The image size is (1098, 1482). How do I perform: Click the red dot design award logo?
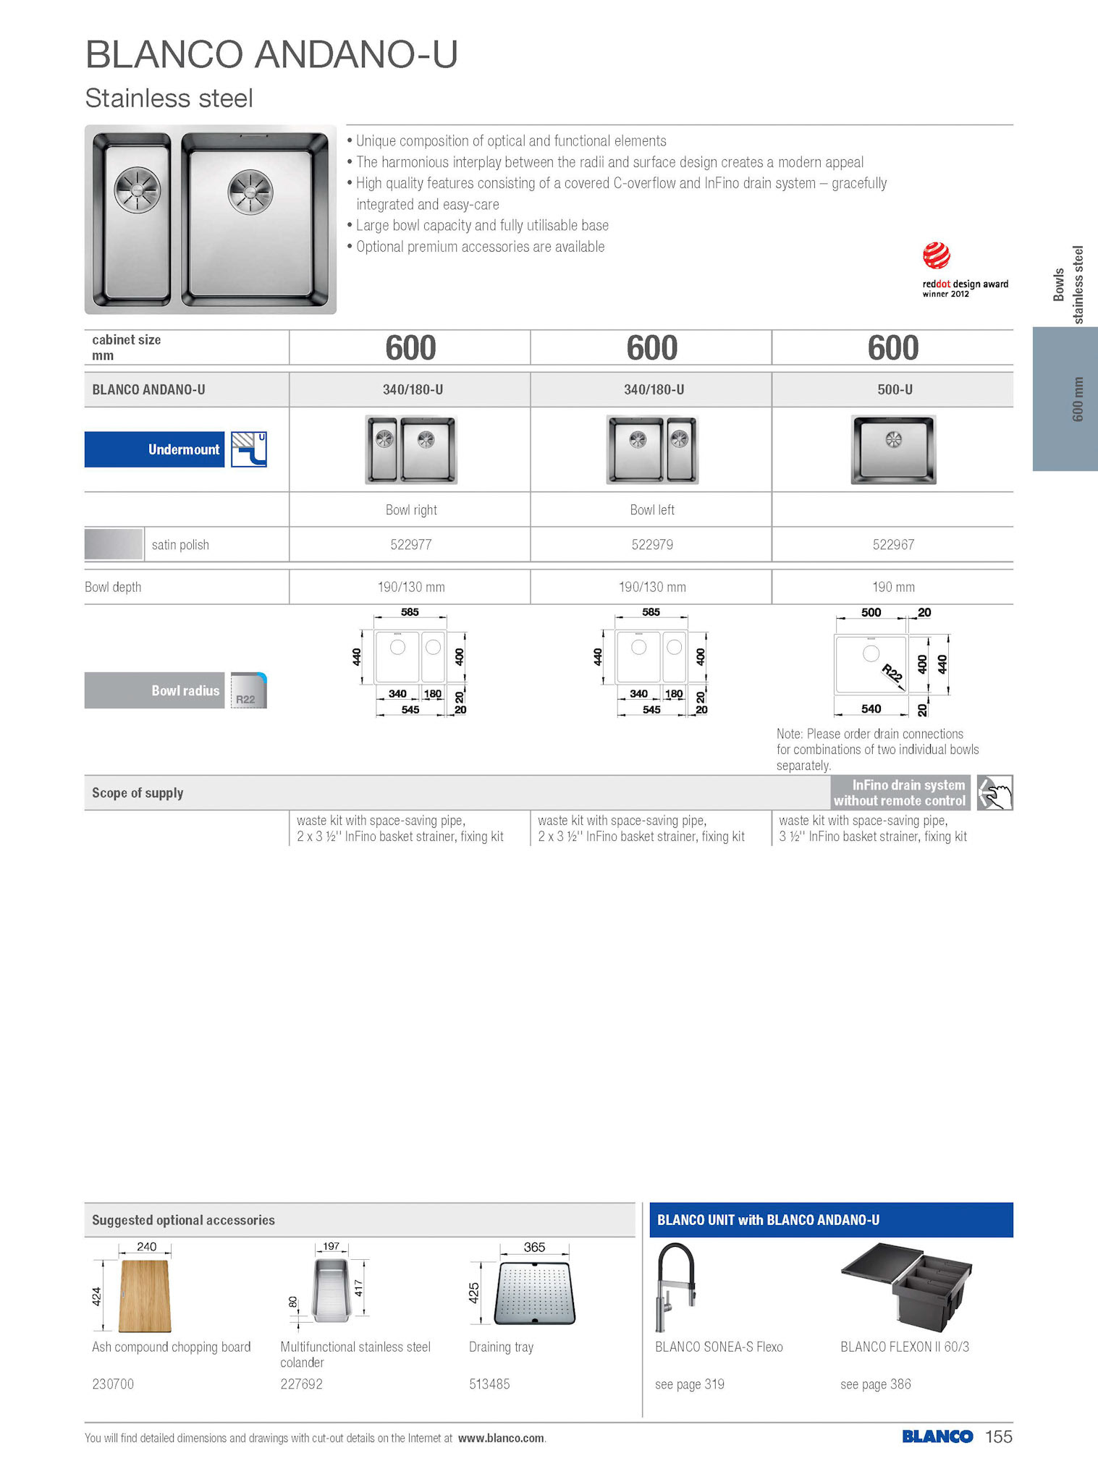(x=936, y=255)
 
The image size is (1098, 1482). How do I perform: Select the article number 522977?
(x=410, y=544)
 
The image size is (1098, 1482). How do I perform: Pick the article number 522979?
(x=651, y=544)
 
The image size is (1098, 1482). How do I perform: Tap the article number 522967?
(x=893, y=544)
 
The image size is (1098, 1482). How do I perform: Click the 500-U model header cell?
(x=894, y=389)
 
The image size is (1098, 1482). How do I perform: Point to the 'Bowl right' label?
(x=410, y=509)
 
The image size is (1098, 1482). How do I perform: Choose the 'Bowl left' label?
(x=651, y=509)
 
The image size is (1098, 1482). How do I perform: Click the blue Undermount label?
(x=155, y=449)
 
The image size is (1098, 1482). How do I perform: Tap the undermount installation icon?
(x=249, y=449)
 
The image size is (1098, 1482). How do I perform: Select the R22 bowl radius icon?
(x=248, y=690)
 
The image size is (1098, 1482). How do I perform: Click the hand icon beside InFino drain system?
(x=994, y=792)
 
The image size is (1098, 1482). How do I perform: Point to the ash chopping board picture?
(x=145, y=1295)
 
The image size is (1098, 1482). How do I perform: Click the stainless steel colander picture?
(x=331, y=1290)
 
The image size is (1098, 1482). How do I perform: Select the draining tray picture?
(x=534, y=1293)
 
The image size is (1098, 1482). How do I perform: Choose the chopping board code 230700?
(x=113, y=1384)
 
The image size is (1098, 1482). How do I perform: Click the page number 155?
(x=998, y=1436)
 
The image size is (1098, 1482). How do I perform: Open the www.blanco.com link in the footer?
(x=500, y=1438)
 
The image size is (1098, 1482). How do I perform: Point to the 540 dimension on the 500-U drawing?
(x=871, y=708)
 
